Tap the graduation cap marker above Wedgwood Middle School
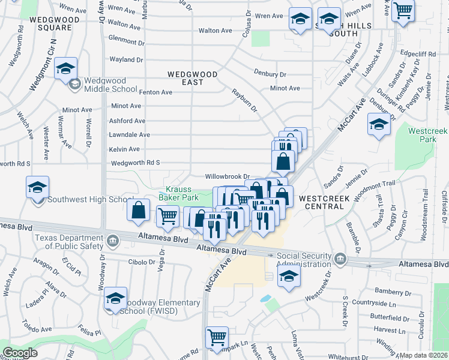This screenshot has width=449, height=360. [65, 68]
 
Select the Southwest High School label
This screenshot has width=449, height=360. [90, 200]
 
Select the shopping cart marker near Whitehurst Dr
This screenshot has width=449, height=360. [217, 337]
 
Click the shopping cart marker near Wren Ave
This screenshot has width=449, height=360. [403, 10]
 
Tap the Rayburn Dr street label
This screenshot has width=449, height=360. [244, 100]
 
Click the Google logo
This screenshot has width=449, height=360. [20, 353]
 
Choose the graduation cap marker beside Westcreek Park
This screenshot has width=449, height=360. [379, 126]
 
